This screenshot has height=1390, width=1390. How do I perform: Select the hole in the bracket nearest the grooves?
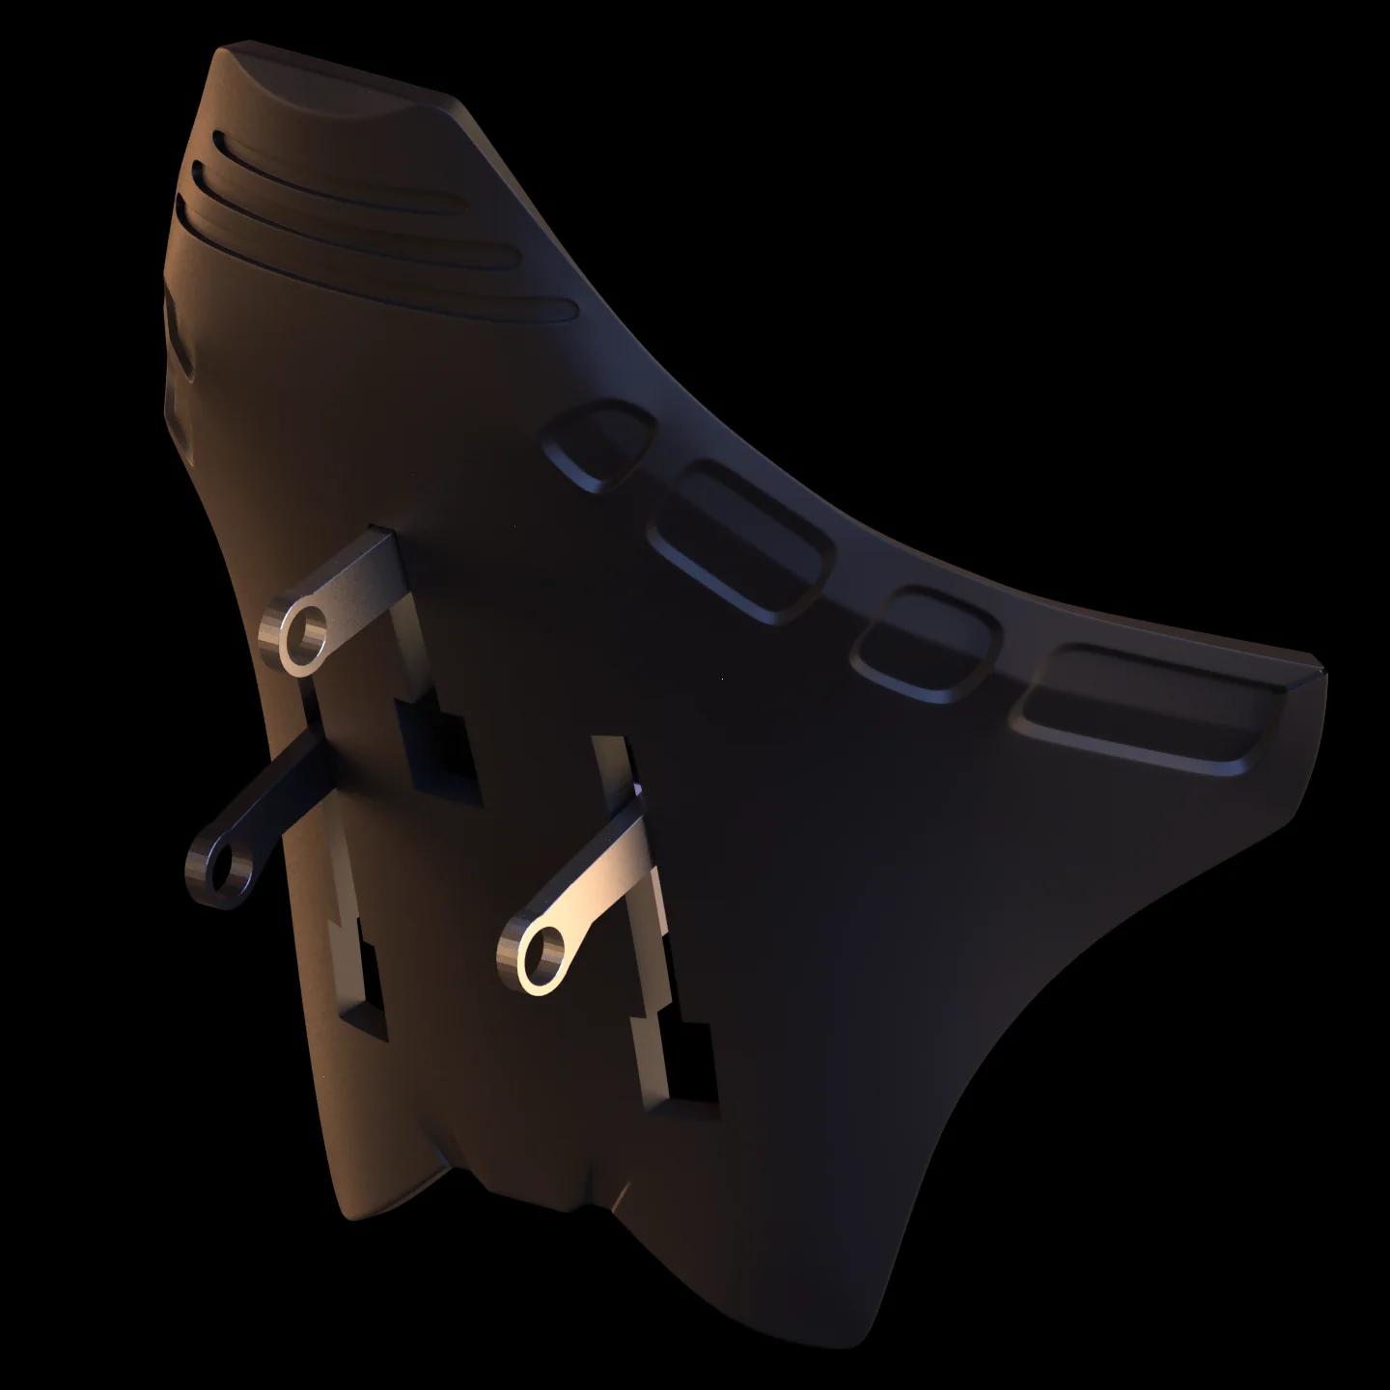(306, 635)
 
